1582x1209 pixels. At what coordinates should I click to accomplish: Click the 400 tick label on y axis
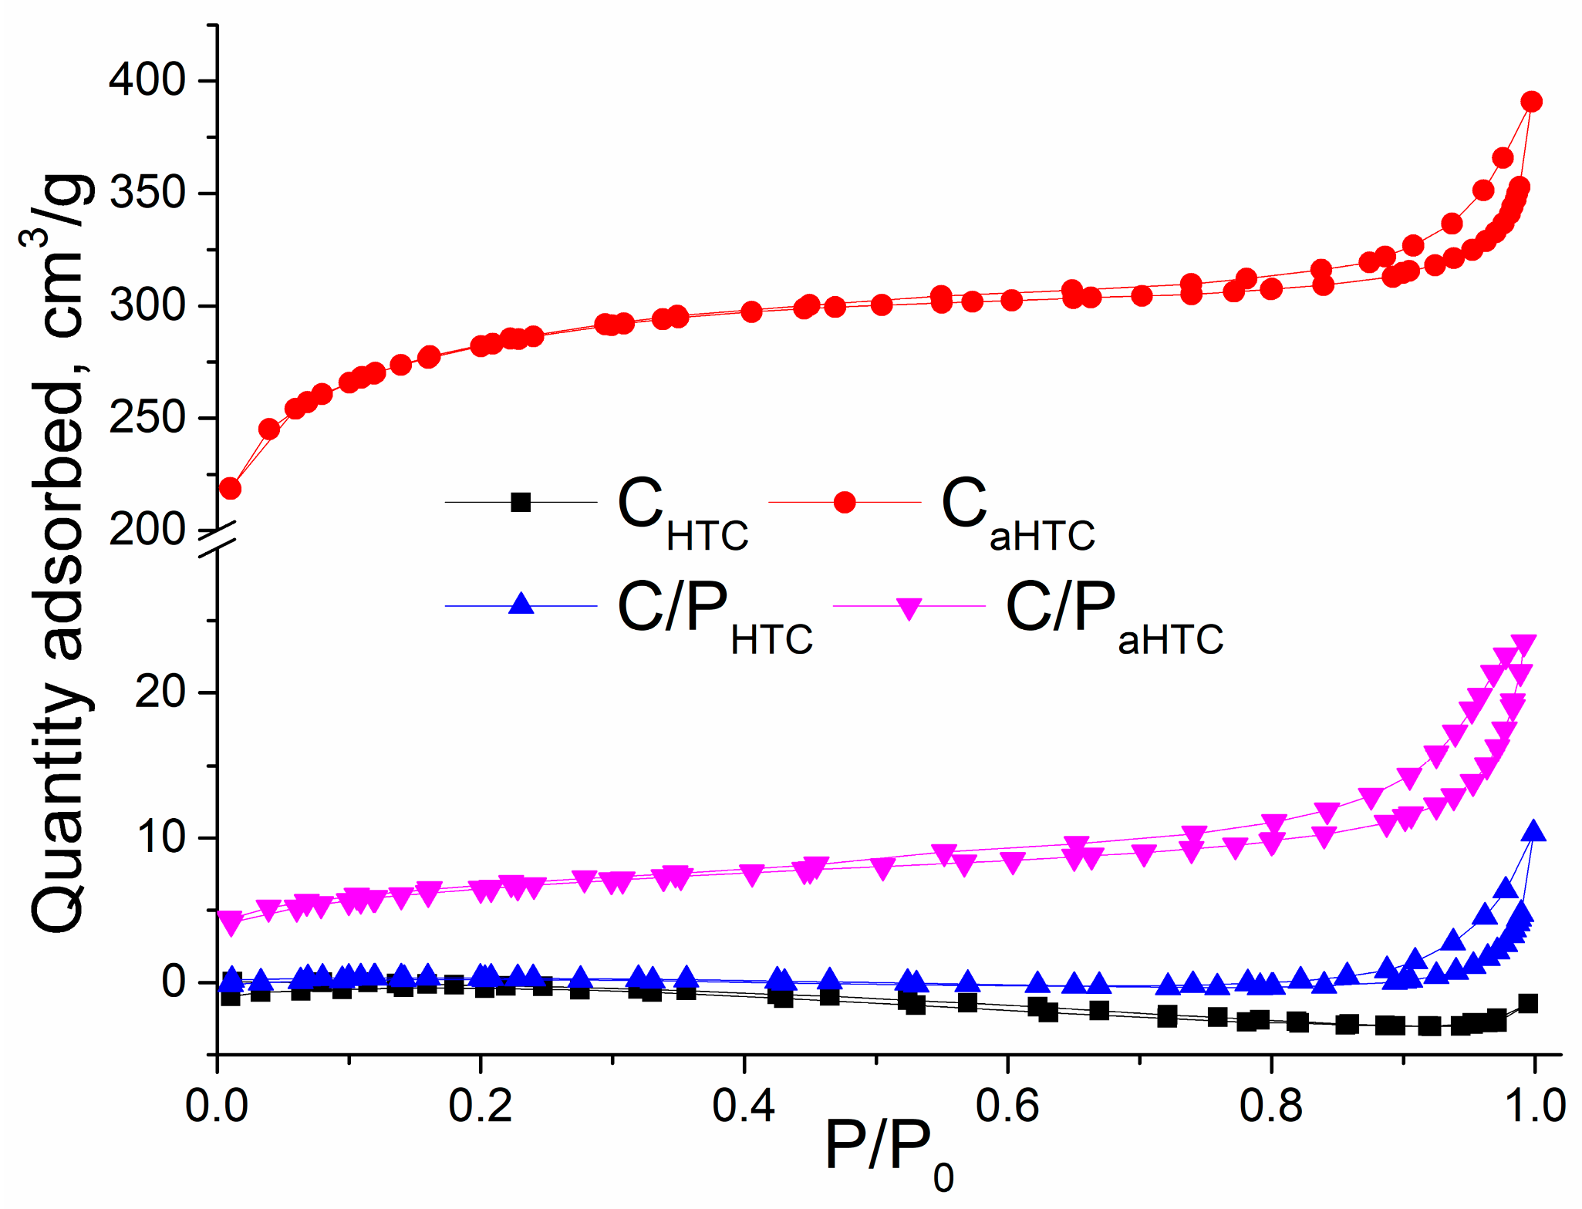coord(147,80)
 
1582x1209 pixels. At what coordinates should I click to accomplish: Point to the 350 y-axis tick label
coord(147,193)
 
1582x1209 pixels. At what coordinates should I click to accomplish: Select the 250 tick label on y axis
coord(147,418)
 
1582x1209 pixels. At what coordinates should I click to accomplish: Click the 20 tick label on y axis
coord(160,692)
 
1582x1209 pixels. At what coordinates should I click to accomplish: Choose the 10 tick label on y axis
coord(160,837)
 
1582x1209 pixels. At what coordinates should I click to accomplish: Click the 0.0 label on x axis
coord(217,1105)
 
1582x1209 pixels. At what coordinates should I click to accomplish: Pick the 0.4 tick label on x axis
coord(744,1105)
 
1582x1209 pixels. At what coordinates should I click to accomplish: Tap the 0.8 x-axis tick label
coord(1270,1105)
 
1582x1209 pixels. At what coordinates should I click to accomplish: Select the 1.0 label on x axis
coord(1534,1105)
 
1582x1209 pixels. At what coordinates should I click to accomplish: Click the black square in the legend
coord(521,502)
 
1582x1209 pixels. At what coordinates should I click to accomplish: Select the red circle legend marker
coord(845,502)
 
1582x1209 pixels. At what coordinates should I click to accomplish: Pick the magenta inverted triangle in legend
coord(909,608)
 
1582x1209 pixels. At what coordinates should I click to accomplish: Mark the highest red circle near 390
coord(1532,102)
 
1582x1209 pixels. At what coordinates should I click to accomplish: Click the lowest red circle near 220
coord(230,488)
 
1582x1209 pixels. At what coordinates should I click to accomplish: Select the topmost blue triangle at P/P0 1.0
coord(1533,831)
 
